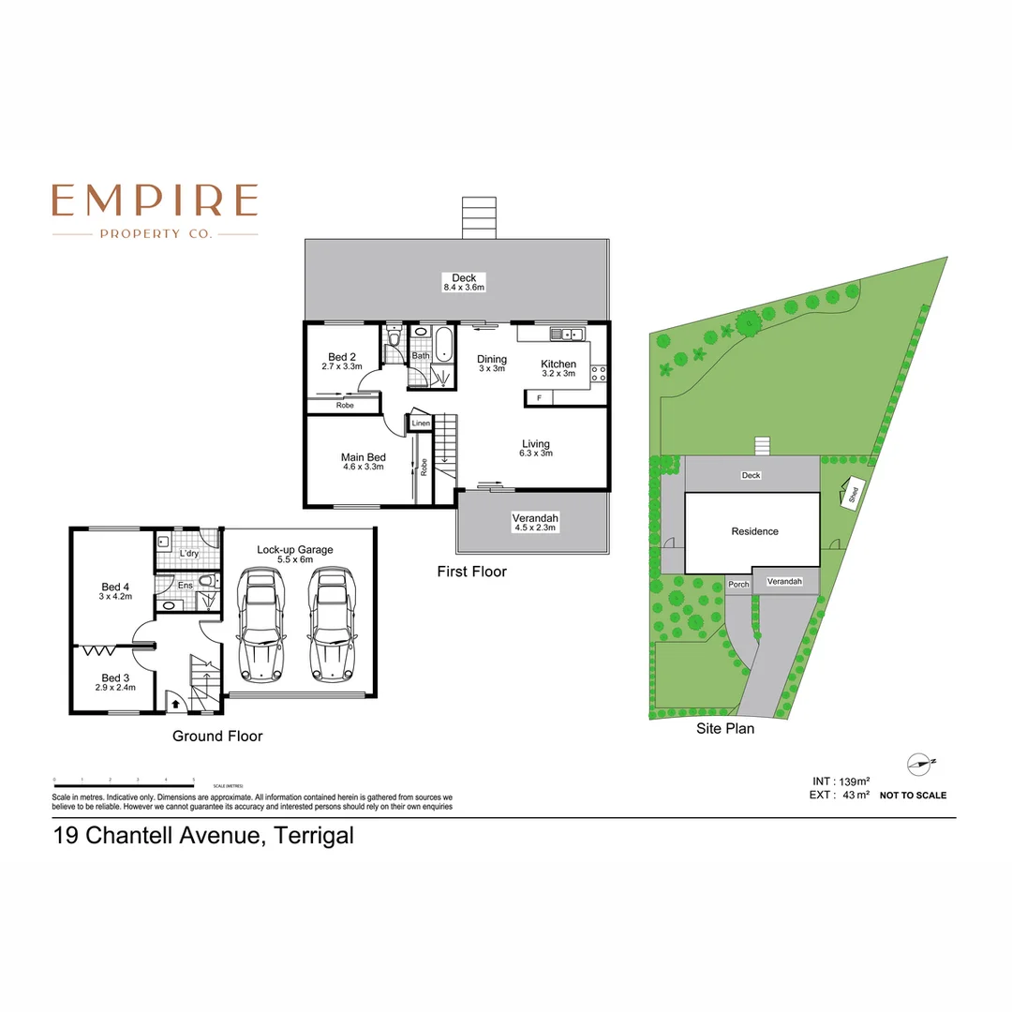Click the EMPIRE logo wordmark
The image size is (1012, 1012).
(155, 200)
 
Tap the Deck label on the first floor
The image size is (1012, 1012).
(464, 282)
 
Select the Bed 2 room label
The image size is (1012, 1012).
(342, 361)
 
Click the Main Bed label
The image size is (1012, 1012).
(363, 461)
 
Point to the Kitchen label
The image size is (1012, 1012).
(558, 367)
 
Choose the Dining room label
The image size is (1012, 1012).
(492, 363)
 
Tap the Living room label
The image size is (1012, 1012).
(536, 448)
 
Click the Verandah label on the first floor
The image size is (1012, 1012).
(535, 523)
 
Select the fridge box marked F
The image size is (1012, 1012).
(539, 398)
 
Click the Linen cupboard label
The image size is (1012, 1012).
(421, 424)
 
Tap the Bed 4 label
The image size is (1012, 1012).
(115, 589)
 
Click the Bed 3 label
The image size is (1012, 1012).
(114, 681)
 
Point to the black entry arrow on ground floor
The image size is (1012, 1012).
(175, 704)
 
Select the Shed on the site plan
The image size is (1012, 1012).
(853, 492)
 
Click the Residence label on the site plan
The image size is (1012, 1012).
(754, 531)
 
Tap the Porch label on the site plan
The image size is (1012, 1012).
(738, 585)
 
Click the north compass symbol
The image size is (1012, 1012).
(919, 764)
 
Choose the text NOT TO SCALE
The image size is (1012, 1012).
(913, 796)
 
